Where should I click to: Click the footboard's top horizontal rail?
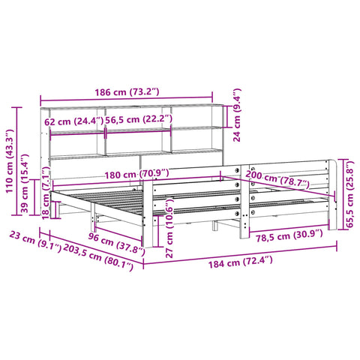[x=240, y=166]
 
